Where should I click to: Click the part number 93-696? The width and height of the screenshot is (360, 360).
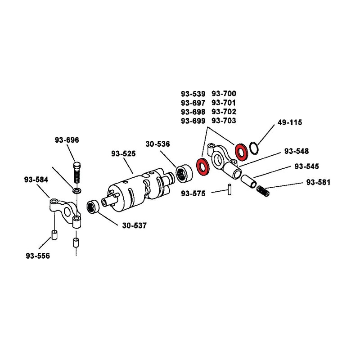tap(67, 140)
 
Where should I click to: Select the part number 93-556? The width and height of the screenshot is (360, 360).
tap(38, 256)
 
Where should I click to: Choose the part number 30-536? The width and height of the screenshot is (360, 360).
tap(157, 144)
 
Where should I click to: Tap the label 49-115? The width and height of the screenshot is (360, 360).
tap(290, 122)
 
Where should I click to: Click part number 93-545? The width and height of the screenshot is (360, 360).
tap(307, 166)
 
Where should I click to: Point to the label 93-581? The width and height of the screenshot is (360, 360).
tap(318, 182)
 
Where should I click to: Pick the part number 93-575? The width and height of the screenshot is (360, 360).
tap(193, 193)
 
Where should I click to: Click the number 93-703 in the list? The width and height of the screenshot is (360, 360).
tap(224, 121)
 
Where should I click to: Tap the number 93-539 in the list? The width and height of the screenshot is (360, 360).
tap(193, 94)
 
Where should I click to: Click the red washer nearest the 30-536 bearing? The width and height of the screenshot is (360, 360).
tap(203, 166)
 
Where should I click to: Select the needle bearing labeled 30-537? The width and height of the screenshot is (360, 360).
tap(92, 207)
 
